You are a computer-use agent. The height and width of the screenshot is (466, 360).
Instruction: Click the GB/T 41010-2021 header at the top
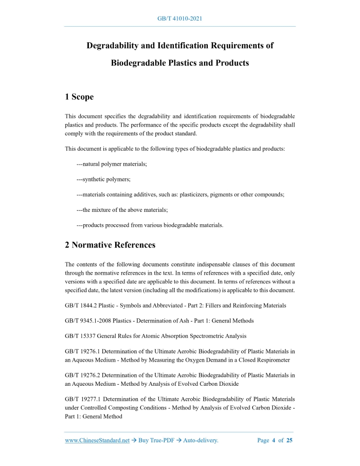[179, 19]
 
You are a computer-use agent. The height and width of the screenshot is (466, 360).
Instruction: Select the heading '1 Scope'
[79, 97]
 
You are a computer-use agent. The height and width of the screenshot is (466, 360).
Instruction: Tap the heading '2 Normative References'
[110, 245]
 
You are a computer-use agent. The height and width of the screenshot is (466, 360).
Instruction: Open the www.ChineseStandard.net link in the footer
[97, 441]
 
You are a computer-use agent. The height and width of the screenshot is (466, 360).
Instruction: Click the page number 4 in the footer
[274, 441]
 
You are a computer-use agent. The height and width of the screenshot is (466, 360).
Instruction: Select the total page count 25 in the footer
[290, 441]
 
